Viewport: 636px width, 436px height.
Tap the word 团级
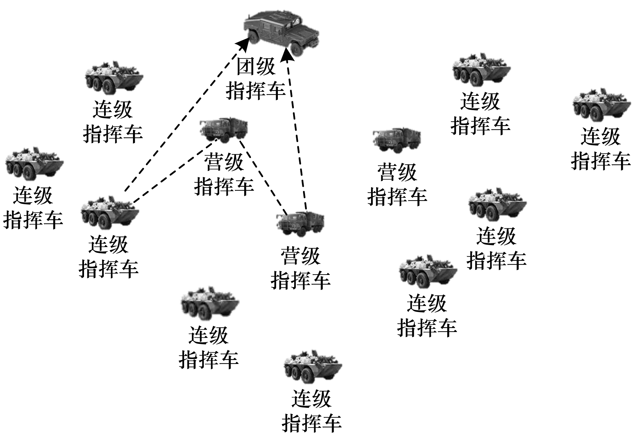(x=256, y=66)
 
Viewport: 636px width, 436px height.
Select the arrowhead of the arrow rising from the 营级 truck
(x=287, y=54)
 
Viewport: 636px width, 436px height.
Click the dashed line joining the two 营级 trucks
(x=263, y=177)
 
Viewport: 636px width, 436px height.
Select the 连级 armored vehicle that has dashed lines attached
(x=110, y=212)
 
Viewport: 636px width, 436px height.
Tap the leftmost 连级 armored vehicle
(x=34, y=163)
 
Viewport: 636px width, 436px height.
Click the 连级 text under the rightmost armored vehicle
(x=601, y=137)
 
